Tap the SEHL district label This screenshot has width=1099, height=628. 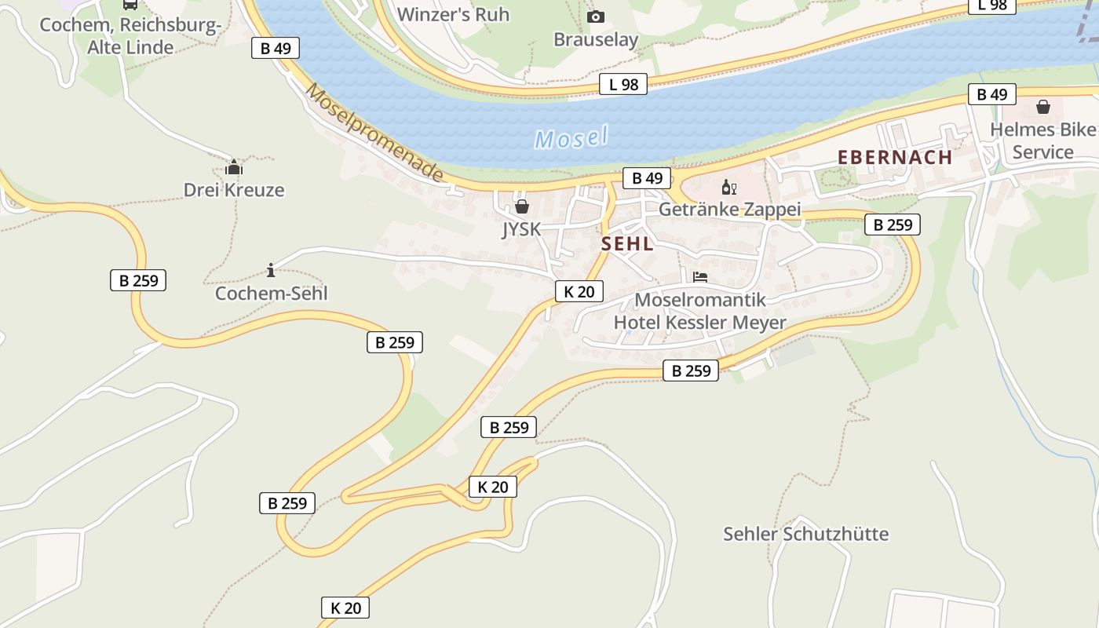point(627,243)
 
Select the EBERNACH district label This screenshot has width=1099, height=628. point(895,157)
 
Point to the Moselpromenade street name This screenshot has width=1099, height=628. point(374,132)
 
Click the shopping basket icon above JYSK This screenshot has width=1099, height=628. point(521,206)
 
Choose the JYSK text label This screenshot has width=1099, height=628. point(521,229)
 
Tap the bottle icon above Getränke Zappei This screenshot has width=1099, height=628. point(728,188)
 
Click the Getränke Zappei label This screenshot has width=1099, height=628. point(729,210)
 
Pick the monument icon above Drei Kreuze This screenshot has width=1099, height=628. point(234,167)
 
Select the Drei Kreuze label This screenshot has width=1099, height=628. point(234,190)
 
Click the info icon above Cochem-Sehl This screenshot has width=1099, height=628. point(271,271)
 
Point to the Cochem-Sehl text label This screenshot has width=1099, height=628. point(271,294)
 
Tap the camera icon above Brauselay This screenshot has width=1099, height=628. point(596,16)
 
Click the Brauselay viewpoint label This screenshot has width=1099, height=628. point(596,39)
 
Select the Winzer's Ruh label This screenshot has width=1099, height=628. point(453,14)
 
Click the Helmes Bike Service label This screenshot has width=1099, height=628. point(1042,141)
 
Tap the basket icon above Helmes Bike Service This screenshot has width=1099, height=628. point(1043,107)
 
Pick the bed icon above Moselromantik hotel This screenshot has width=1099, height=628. point(700,277)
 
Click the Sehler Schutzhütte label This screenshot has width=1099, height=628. point(805,534)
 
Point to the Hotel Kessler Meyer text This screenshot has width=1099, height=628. point(699,323)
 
